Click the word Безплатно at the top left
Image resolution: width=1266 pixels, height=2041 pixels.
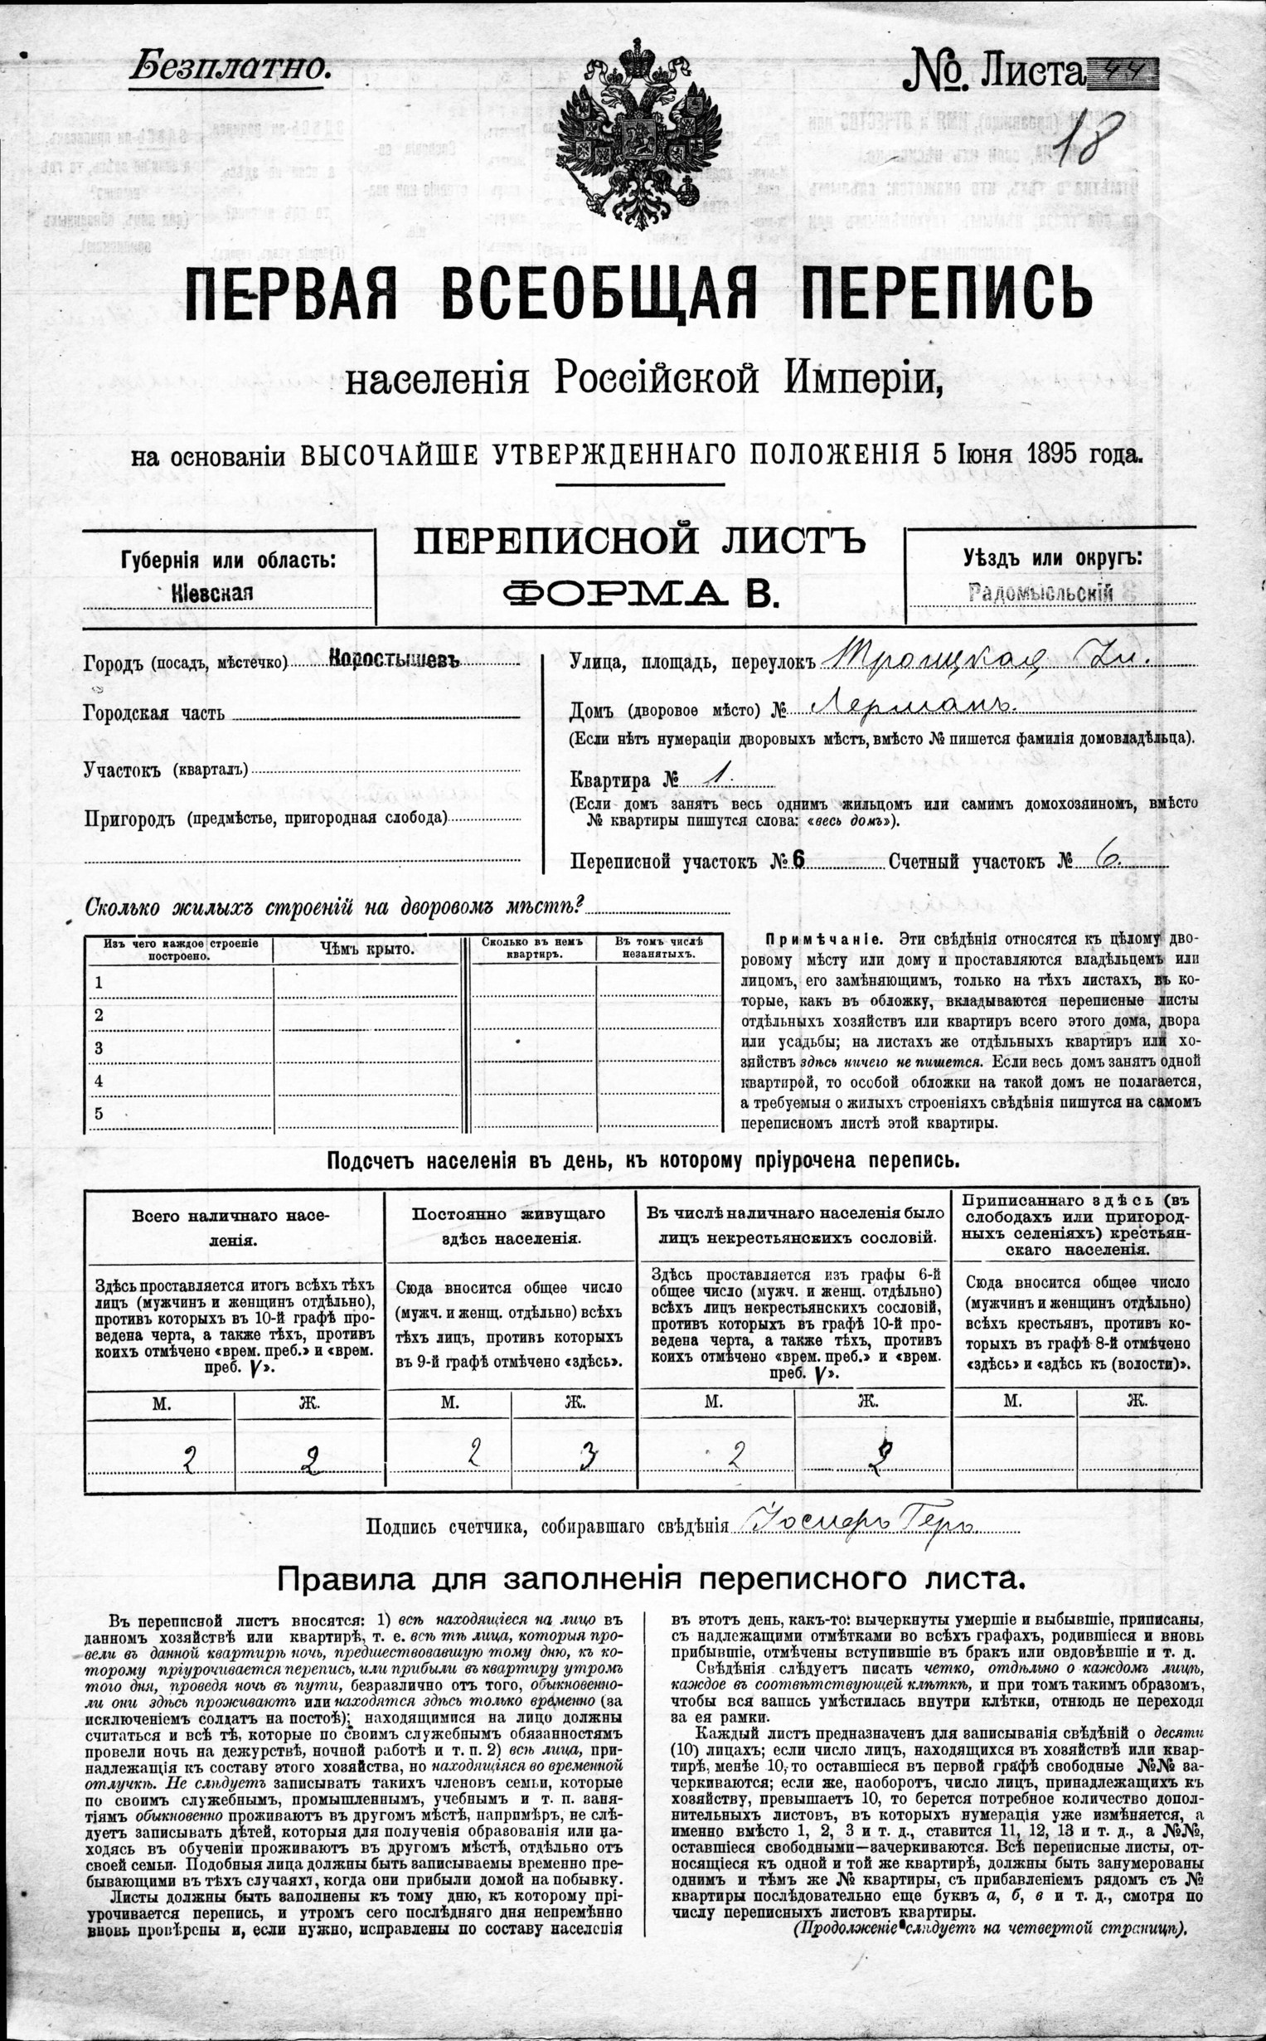pyautogui.click(x=230, y=68)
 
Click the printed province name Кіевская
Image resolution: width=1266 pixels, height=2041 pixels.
pyautogui.click(x=212, y=592)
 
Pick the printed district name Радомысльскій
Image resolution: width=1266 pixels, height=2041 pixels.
pyautogui.click(x=1040, y=593)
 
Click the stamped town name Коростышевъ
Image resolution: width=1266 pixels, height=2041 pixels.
pyautogui.click(x=395, y=659)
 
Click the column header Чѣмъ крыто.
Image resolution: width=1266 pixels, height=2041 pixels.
pyautogui.click(x=366, y=949)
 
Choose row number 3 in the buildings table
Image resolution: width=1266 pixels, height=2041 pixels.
pyautogui.click(x=99, y=1047)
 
